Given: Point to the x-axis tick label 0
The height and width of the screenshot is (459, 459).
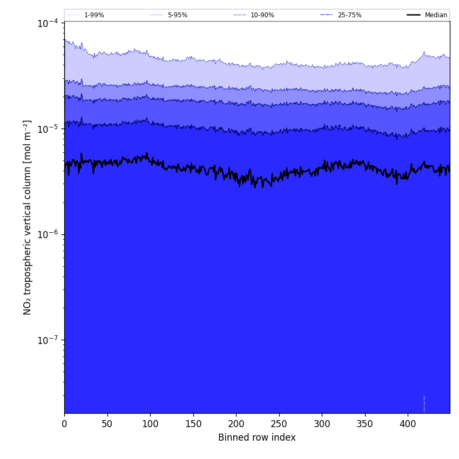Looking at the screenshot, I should pyautogui.click(x=64, y=424).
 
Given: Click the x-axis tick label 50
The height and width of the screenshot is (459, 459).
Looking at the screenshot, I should pyautogui.click(x=107, y=424).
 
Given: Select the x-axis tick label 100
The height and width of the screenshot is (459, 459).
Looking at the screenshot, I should pyautogui.click(x=150, y=424).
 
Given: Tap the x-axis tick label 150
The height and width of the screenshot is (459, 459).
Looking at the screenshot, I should pyautogui.click(x=193, y=424).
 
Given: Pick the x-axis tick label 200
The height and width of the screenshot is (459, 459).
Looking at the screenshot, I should pyautogui.click(x=236, y=424).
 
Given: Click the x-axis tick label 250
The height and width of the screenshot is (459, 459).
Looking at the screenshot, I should pyautogui.click(x=279, y=424).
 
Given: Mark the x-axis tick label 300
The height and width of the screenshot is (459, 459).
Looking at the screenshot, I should pyautogui.click(x=322, y=424).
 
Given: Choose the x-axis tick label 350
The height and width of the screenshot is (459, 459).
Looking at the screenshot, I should pyautogui.click(x=365, y=424).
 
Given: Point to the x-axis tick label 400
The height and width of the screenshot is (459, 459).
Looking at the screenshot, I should pyautogui.click(x=408, y=424).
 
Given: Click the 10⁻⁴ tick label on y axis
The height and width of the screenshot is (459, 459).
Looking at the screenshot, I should pyautogui.click(x=48, y=23).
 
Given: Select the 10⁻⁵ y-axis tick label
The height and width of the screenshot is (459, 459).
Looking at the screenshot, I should pyautogui.click(x=48, y=129).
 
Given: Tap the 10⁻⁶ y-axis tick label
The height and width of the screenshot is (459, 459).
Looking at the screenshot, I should pyautogui.click(x=48, y=234).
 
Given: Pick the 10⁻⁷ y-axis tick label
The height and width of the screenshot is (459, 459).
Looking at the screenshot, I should pyautogui.click(x=48, y=340).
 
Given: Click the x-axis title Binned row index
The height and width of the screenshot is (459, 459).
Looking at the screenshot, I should pyautogui.click(x=257, y=437).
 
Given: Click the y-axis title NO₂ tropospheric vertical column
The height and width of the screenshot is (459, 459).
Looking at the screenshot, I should pyautogui.click(x=28, y=217).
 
